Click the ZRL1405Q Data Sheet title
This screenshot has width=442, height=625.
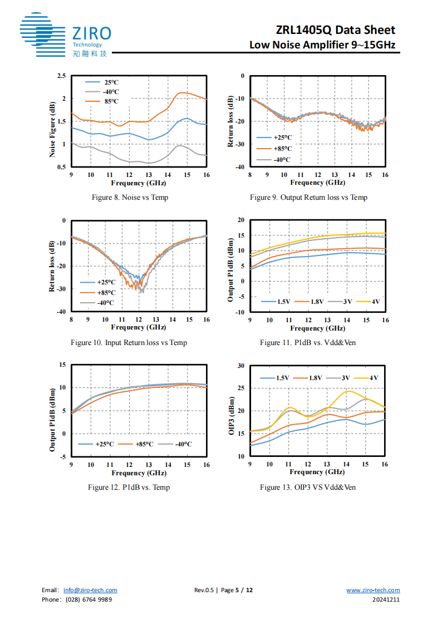(336, 30)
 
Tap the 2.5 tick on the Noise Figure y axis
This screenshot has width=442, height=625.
(61, 76)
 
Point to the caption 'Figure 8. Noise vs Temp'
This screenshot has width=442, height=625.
(130, 198)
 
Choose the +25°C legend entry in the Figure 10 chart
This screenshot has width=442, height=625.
(106, 282)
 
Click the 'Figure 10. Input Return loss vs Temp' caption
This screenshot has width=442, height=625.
(129, 342)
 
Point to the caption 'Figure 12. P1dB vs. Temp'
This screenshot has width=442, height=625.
(129, 488)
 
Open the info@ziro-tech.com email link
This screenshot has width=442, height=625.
(90, 590)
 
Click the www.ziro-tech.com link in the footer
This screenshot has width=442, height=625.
(373, 590)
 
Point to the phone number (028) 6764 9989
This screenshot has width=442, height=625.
(89, 599)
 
